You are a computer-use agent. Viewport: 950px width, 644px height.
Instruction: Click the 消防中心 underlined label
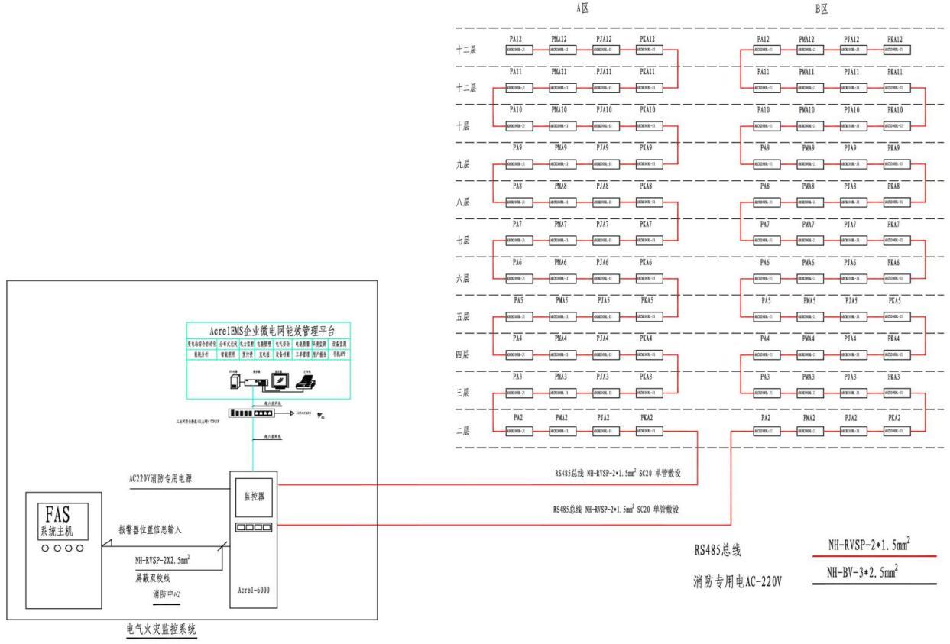(170, 593)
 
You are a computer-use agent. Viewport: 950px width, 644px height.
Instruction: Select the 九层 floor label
(465, 164)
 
